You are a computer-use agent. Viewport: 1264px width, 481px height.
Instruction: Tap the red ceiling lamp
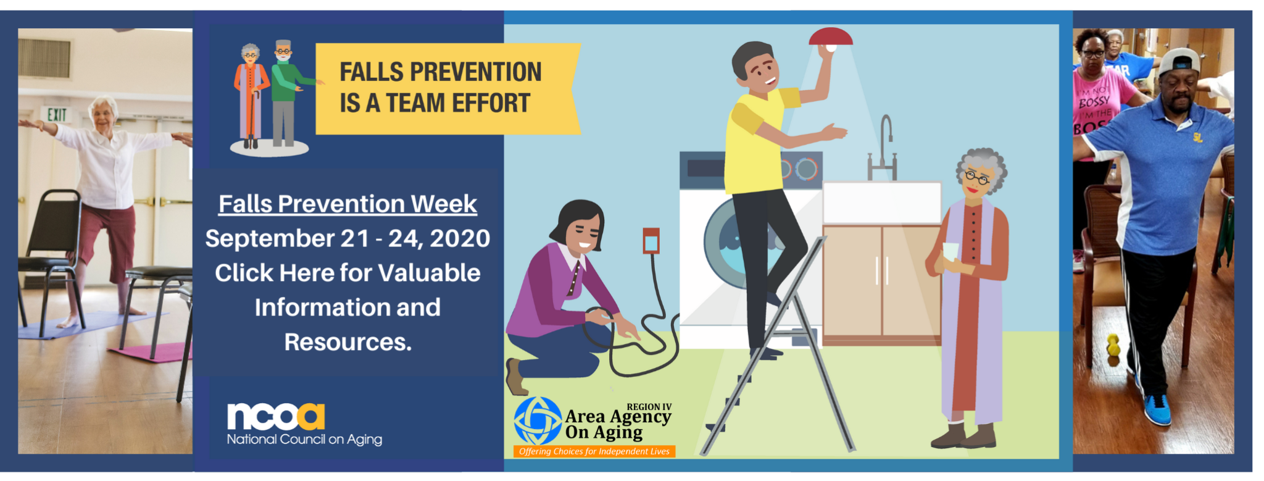pyautogui.click(x=831, y=38)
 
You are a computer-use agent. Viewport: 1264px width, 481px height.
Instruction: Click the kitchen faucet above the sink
pyautogui.click(x=883, y=148)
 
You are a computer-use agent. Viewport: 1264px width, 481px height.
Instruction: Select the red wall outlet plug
pyautogui.click(x=651, y=240)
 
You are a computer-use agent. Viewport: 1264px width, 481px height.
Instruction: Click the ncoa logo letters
pyautogui.click(x=276, y=417)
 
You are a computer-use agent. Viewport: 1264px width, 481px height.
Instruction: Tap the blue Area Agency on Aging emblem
pyautogui.click(x=538, y=420)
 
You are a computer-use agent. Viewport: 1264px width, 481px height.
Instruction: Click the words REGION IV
pyautogui.click(x=649, y=407)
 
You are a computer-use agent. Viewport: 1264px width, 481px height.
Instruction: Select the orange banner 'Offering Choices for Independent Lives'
pyautogui.click(x=594, y=451)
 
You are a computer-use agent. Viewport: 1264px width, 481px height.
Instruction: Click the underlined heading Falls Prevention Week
pyautogui.click(x=347, y=204)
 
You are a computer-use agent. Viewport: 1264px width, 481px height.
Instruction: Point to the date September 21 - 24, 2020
pyautogui.click(x=347, y=238)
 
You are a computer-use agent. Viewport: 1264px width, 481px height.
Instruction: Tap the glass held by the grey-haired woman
pyautogui.click(x=950, y=254)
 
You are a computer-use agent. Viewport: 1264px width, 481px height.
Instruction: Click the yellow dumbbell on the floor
pyautogui.click(x=1113, y=345)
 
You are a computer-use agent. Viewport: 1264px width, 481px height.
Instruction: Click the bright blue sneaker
pyautogui.click(x=1157, y=409)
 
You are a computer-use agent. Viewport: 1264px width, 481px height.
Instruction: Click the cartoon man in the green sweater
pyautogui.click(x=285, y=93)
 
